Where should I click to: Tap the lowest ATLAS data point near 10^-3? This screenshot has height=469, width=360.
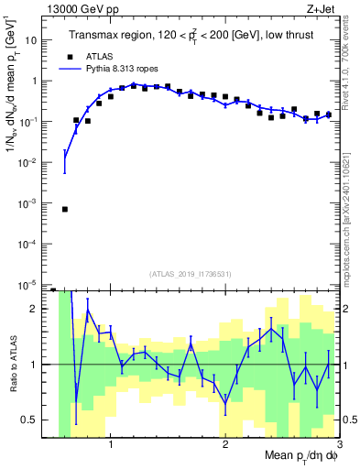64,209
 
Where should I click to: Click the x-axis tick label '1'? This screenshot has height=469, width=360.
111,444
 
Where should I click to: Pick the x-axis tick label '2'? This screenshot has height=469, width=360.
225,444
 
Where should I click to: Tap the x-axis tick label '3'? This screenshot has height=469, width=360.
339,444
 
